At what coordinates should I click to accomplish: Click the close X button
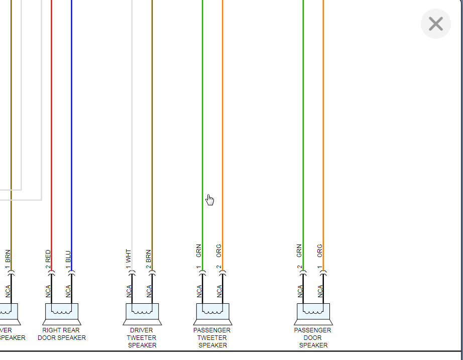click(435, 24)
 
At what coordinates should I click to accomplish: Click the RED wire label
click(48, 256)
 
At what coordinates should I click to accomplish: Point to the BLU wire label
click(68, 256)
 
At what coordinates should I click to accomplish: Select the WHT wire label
click(129, 256)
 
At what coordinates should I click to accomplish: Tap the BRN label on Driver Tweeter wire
click(149, 256)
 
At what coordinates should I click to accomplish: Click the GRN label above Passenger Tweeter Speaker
click(199, 251)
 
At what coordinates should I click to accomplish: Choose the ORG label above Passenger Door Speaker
click(319, 251)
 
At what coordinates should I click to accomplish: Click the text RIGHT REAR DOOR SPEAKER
click(62, 334)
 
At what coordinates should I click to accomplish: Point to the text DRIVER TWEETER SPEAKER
click(142, 337)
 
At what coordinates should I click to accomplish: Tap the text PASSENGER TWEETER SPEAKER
click(212, 337)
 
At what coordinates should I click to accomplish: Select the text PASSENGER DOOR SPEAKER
click(313, 337)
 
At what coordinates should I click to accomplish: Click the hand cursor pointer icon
click(210, 200)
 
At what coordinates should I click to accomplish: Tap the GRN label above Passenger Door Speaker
click(299, 251)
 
